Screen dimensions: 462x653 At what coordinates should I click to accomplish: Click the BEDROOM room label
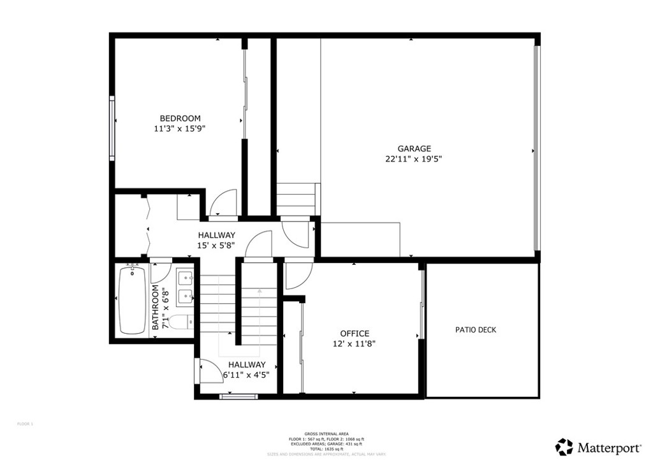(x=180, y=118)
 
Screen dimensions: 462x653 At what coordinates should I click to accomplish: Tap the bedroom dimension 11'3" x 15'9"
(x=180, y=128)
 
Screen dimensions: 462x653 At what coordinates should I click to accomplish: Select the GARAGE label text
(x=415, y=149)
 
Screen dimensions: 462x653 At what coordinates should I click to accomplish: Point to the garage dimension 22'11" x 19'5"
(x=415, y=159)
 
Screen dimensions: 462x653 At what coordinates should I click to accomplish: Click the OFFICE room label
(x=355, y=333)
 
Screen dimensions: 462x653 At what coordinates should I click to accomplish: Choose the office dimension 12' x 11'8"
(x=355, y=343)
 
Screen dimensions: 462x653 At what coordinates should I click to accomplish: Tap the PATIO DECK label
(x=476, y=330)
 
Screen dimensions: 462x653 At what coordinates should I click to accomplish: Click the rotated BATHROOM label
(x=156, y=308)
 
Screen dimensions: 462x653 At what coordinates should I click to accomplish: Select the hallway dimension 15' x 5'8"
(x=216, y=245)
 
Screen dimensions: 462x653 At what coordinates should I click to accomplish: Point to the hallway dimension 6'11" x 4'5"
(x=247, y=375)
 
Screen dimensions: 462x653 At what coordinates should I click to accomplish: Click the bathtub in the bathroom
(x=133, y=300)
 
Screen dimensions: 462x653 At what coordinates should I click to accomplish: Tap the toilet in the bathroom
(x=180, y=322)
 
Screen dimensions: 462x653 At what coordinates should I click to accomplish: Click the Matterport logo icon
(x=564, y=447)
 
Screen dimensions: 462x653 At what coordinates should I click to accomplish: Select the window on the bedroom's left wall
(x=112, y=126)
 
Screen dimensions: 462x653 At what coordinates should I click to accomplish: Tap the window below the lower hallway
(x=238, y=397)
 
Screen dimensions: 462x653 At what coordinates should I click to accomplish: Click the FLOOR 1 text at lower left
(x=24, y=424)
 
